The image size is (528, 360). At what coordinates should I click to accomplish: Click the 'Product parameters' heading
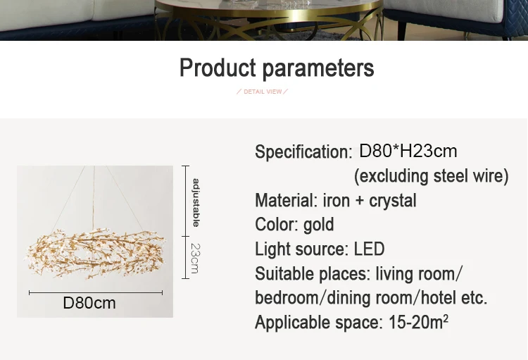(x=277, y=68)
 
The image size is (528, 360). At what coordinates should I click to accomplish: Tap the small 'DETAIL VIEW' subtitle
(x=263, y=92)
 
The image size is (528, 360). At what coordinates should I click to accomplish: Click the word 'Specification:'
(x=303, y=151)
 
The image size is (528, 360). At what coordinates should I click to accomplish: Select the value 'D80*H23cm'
(x=408, y=151)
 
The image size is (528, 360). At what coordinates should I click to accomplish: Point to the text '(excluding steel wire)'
(x=431, y=176)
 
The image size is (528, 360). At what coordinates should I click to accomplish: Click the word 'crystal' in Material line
(x=393, y=201)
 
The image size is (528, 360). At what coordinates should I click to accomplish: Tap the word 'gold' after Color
(x=318, y=225)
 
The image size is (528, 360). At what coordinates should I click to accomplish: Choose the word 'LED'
(x=369, y=249)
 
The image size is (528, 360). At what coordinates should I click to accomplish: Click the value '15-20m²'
(x=418, y=322)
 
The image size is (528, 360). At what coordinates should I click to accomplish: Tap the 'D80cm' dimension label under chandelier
(x=89, y=303)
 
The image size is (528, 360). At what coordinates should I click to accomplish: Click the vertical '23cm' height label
(x=195, y=259)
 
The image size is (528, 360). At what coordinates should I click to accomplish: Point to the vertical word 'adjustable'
(x=196, y=203)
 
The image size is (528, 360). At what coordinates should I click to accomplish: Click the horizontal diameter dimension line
(x=96, y=293)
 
